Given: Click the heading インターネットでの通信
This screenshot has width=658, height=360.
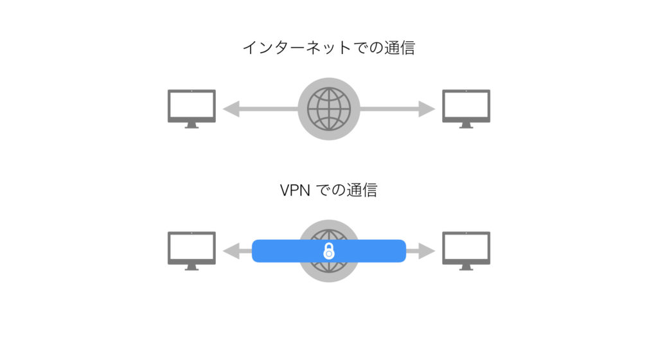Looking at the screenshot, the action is coord(329,48).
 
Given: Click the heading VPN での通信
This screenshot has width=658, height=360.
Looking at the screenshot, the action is coord(328,190).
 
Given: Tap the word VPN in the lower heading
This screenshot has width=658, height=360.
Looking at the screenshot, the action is coord(295,190).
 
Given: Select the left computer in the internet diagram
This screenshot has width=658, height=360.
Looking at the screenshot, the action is coord(191,109).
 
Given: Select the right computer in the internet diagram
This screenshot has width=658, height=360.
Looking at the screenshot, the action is coord(467,109).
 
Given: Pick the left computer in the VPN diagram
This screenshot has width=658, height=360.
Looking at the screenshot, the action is coord(191,251).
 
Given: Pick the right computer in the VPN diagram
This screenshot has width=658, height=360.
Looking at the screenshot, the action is coord(467,251).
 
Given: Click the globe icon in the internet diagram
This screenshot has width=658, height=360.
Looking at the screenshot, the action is coord(329,109).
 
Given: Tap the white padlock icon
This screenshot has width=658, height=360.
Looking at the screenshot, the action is coord(329,251).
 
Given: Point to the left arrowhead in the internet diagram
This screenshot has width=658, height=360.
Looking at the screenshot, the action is coord(231,109).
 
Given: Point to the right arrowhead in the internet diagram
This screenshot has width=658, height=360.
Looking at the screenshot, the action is coord(427,109).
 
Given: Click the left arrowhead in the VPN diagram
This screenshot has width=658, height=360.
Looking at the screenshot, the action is coord(231,251).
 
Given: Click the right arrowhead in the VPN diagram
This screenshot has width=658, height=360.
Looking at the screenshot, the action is coord(427,251).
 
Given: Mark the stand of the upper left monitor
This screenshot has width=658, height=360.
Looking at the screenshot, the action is coord(191,125).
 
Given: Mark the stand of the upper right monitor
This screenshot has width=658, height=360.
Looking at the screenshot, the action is coord(467,125).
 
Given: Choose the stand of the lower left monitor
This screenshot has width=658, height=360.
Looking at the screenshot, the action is coord(191,267).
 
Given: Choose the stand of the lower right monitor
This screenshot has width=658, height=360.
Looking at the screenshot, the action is coord(467,267).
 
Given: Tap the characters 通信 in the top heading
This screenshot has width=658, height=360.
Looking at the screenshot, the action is coord(400,48).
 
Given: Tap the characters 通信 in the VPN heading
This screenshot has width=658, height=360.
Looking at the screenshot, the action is coord(362,190).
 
